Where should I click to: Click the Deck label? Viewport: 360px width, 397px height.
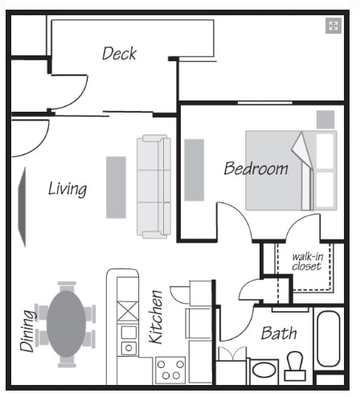tap(119, 54)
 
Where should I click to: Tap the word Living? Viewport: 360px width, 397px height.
tap(67, 189)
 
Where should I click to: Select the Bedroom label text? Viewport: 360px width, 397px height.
tap(256, 169)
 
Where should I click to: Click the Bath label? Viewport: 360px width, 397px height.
tap(279, 333)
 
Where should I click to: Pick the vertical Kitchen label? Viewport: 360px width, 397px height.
tap(157, 317)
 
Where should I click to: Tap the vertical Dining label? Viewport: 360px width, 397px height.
tap(28, 329)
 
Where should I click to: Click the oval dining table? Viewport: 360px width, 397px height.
tap(66, 323)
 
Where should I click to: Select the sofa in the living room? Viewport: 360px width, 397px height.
tap(153, 186)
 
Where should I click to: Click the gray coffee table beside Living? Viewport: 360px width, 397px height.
tap(116, 186)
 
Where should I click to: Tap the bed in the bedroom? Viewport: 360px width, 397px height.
tap(289, 170)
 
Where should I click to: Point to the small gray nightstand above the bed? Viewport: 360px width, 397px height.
tap(325, 119)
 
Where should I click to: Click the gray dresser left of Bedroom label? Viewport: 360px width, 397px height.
tap(194, 170)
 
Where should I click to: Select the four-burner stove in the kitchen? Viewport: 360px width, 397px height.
tap(170, 370)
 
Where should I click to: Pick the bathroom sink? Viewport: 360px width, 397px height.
tap(264, 372)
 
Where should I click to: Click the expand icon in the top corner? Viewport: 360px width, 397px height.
tap(333, 26)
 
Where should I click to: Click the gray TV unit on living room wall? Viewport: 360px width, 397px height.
tap(22, 207)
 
